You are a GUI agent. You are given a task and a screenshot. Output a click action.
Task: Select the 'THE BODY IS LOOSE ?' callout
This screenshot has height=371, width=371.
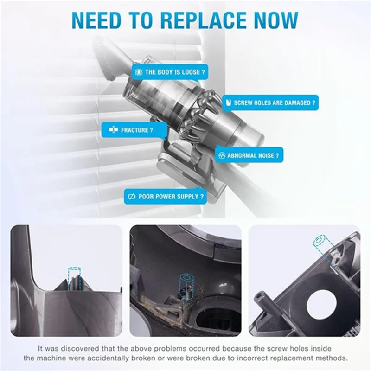169,72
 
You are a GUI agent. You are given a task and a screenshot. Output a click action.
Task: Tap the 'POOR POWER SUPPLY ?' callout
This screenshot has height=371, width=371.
165,197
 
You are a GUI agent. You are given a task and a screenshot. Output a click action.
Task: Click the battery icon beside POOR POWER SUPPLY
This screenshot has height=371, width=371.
131,197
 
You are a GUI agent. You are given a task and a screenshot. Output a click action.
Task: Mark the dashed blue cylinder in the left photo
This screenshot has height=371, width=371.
74,275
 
